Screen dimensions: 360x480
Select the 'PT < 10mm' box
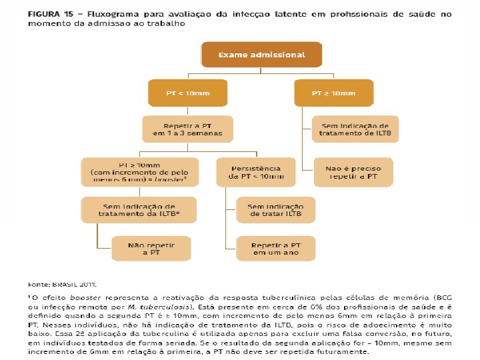click(187, 93)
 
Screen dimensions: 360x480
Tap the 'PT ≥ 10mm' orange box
click(333, 93)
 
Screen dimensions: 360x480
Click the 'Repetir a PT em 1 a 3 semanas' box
click(187, 129)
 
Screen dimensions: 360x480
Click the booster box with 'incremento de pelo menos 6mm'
click(138, 172)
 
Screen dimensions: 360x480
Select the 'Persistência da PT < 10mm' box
click(255, 172)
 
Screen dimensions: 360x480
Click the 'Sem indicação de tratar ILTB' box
click(276, 210)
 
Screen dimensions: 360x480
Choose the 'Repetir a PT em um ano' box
click(276, 248)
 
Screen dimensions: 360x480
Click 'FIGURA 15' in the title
click(49, 13)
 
